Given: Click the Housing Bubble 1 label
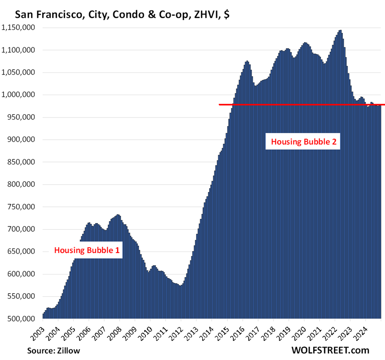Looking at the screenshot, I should [87, 250].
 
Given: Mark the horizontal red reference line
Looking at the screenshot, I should [300, 104].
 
